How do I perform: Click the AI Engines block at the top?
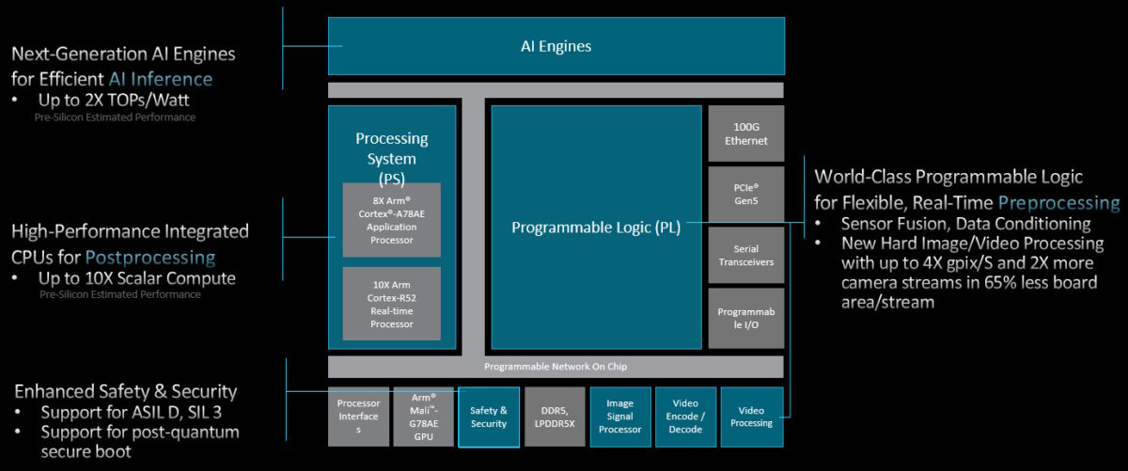pos(556,45)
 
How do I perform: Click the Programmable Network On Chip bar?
pos(555,367)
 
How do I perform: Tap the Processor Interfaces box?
pos(357,416)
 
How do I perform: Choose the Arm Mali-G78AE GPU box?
pos(423,416)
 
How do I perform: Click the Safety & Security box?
pos(489,416)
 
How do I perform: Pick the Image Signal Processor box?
pos(619,416)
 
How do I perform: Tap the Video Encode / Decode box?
pos(685,416)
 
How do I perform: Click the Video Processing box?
pos(751,416)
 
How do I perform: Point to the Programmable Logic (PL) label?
pos(596,227)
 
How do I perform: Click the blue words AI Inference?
pos(160,79)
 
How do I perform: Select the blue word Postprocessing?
pos(150,257)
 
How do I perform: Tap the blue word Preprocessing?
pos(1058,202)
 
